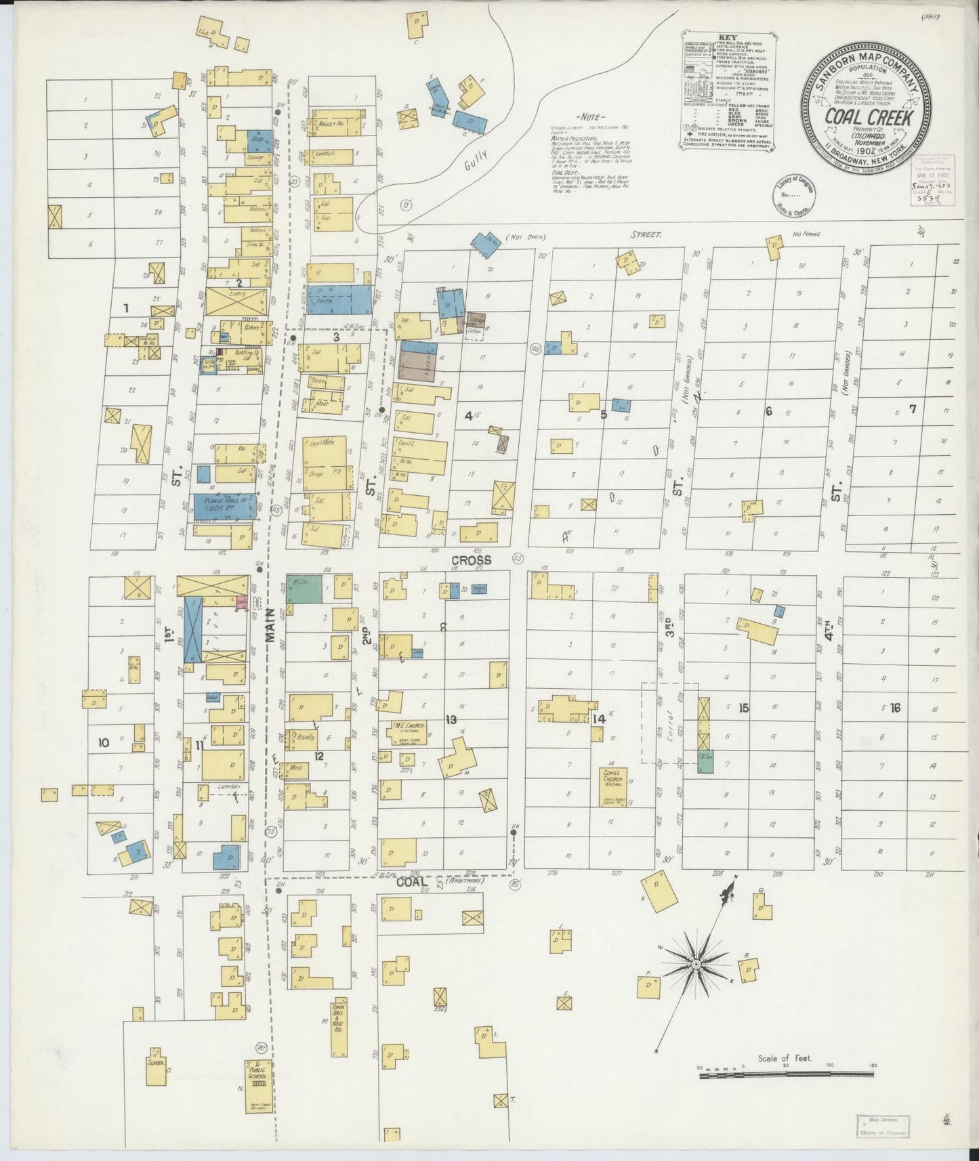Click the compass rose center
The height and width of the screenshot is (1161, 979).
[x=696, y=963]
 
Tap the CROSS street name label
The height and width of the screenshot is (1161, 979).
[x=472, y=560]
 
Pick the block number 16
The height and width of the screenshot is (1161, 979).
[x=895, y=708]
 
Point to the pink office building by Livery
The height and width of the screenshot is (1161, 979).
[x=241, y=601]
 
